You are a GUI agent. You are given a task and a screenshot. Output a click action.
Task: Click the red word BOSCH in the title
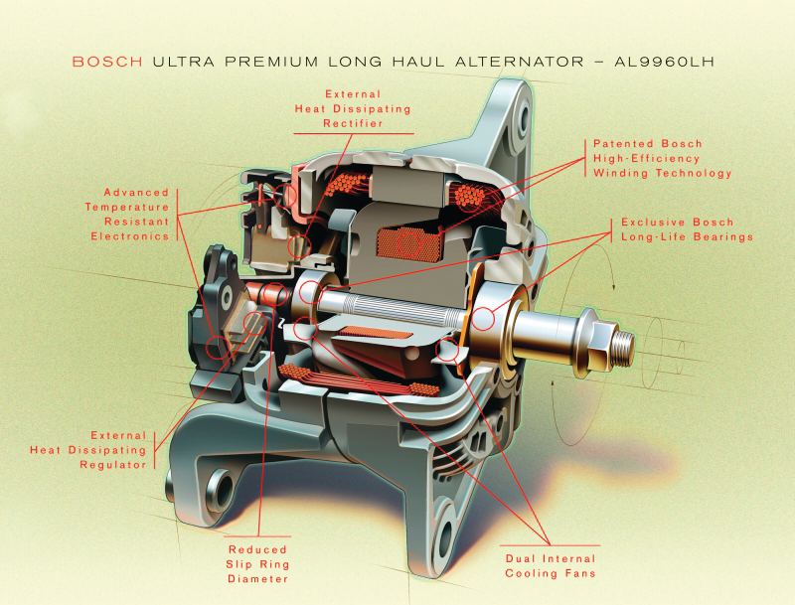(108, 62)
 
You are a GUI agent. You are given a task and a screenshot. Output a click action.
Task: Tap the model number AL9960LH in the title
(680, 62)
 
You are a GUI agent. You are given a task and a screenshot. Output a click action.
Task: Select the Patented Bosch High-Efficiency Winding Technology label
(662, 158)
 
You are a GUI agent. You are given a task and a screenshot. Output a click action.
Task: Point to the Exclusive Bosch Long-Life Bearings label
(687, 229)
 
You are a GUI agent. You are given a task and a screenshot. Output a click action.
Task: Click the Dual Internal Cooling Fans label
(551, 566)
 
